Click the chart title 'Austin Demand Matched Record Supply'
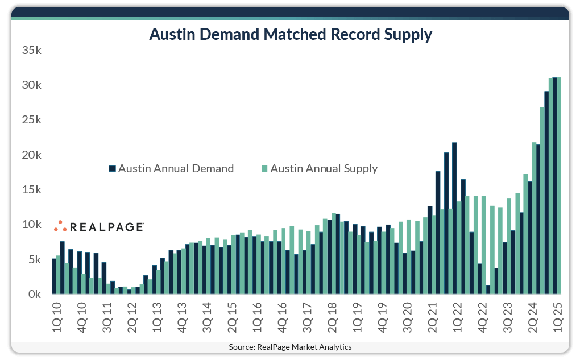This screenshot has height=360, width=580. tap(290, 35)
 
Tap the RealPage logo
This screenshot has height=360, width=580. tap(99, 226)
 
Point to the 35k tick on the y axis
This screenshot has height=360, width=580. tap(32, 50)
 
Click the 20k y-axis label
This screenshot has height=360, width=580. tap(32, 155)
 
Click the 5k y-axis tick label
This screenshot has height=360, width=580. tap(35, 260)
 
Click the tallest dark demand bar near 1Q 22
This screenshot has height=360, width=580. tap(454, 219)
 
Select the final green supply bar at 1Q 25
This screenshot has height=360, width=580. tap(559, 188)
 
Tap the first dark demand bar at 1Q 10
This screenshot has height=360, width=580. tap(54, 277)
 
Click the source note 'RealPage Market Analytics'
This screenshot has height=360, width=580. tap(290, 347)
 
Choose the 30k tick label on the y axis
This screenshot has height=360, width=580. tap(32, 85)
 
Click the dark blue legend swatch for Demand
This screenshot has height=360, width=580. tap(112, 169)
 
